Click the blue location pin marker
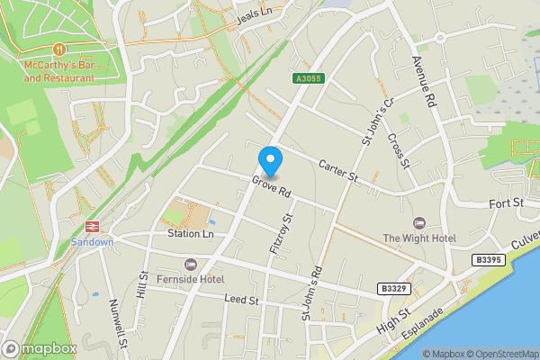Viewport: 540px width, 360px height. point(270,161)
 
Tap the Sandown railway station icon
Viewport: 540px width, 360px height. point(91,228)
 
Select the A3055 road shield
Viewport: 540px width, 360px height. point(307,79)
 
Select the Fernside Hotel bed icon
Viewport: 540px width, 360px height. point(189,264)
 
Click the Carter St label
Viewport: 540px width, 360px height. point(338,171)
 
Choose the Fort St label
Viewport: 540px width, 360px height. point(507,204)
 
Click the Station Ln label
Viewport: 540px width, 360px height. point(190,234)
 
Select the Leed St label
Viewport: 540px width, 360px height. point(241,298)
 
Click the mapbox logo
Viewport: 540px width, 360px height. point(40,348)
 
